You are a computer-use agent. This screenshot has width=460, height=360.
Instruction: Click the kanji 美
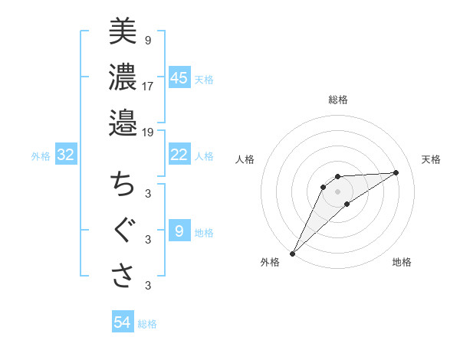[123, 31]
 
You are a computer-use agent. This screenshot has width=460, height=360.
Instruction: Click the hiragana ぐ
[123, 231]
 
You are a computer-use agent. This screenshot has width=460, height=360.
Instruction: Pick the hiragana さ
[123, 276]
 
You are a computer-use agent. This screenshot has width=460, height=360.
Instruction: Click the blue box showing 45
[179, 78]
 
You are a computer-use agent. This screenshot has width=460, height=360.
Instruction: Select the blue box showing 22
[179, 155]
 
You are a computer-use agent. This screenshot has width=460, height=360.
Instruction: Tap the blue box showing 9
[179, 231]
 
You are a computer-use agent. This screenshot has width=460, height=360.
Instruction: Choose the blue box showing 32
[66, 155]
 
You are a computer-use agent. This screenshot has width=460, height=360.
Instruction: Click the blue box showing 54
[123, 322]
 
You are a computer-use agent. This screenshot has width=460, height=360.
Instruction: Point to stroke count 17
[148, 86]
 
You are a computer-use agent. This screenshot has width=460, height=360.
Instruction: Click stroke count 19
[148, 132]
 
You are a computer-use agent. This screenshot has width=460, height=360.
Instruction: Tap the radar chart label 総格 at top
[338, 100]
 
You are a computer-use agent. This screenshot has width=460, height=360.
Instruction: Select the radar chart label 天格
[431, 159]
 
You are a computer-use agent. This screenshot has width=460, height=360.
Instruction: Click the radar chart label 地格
[402, 263]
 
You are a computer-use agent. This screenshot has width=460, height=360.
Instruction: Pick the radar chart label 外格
[270, 263]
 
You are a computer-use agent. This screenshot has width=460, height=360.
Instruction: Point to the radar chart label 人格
[245, 159]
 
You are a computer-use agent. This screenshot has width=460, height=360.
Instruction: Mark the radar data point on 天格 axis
[396, 172]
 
